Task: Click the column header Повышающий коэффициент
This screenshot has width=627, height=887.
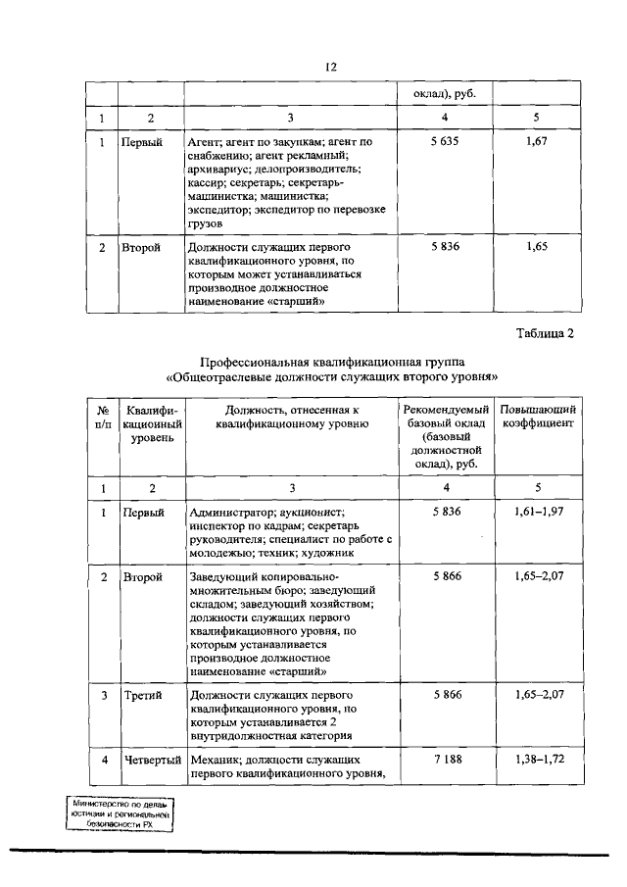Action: [x=536, y=416]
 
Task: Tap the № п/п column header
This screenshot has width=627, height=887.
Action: [x=102, y=416]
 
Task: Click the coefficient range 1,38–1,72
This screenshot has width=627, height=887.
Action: [x=536, y=761]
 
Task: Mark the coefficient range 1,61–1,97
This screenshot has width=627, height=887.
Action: [x=536, y=513]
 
